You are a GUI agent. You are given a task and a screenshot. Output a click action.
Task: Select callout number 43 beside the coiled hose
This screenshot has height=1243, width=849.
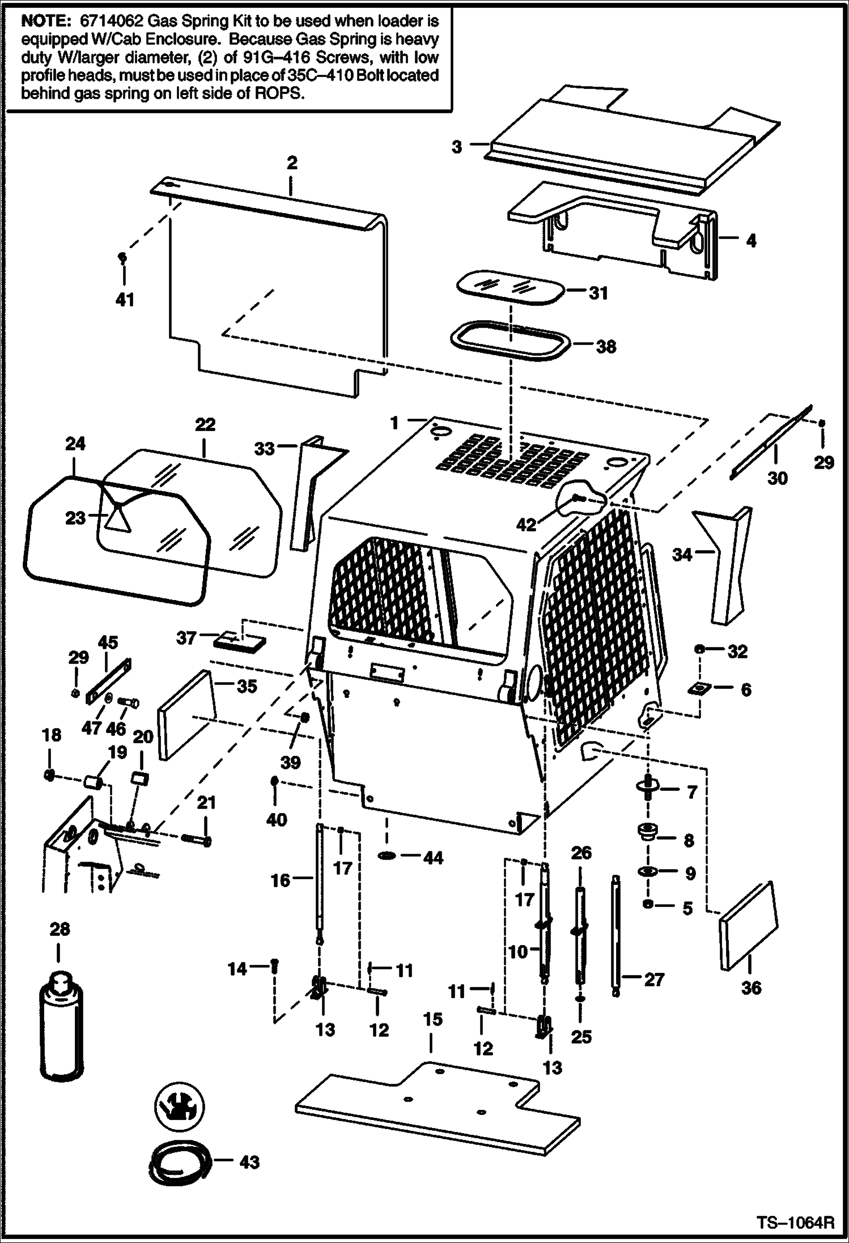249,1162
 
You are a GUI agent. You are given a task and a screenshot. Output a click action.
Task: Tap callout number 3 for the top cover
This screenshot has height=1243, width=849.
457,147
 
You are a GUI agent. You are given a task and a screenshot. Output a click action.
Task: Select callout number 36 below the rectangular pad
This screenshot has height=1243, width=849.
751,987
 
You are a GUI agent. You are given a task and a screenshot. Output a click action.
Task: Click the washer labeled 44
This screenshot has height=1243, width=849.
388,856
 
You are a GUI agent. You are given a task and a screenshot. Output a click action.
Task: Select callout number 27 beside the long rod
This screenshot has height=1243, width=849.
653,979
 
